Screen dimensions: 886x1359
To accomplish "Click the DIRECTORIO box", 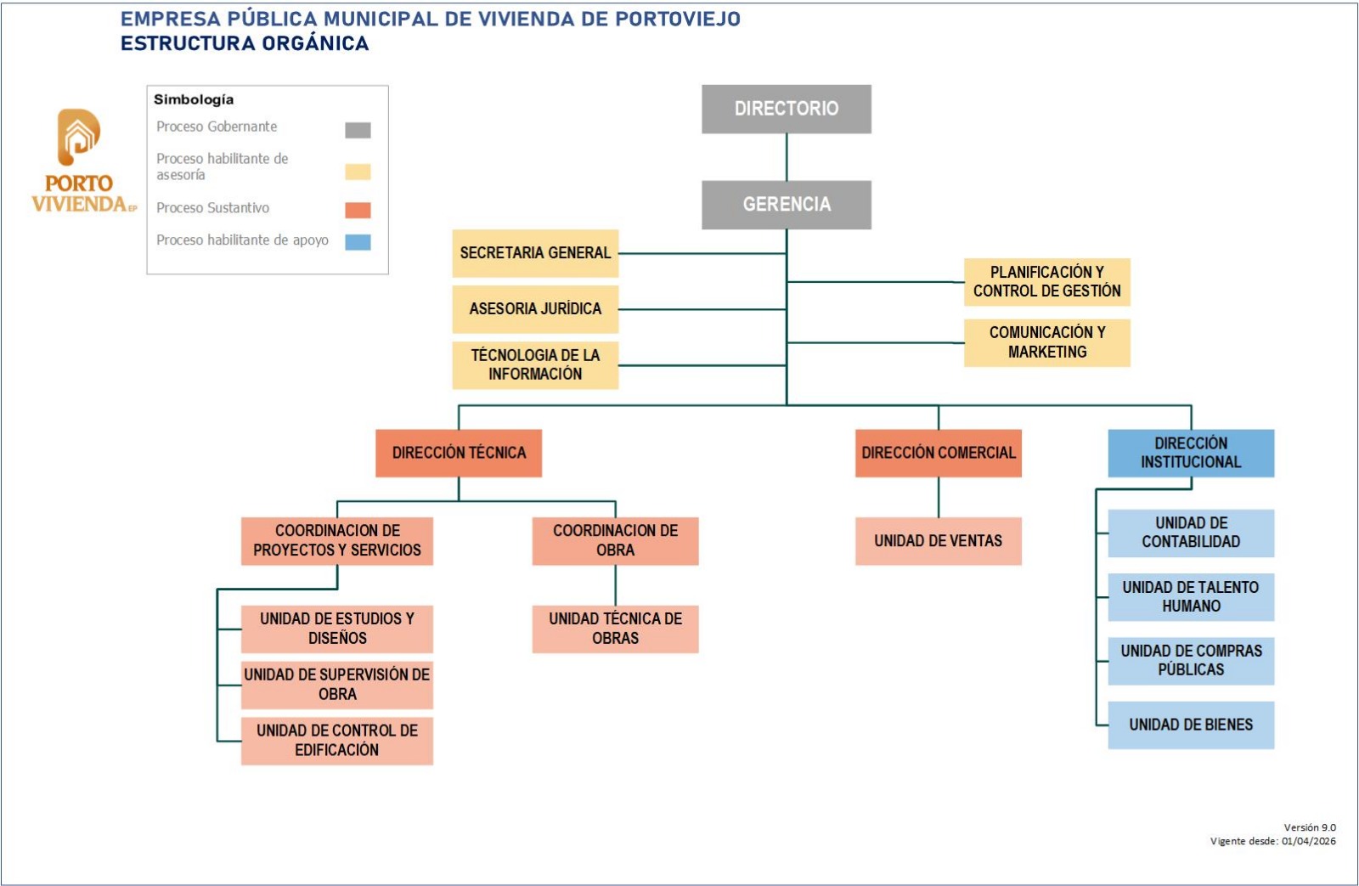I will point(786,109).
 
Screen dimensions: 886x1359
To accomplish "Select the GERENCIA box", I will point(786,205).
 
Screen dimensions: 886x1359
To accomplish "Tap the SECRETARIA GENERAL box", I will point(535,253).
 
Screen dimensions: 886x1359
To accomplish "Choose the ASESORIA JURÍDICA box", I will point(535,309).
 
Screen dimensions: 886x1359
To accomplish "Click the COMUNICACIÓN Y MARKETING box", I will point(1046,342).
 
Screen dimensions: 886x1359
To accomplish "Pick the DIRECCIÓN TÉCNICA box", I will point(459,453).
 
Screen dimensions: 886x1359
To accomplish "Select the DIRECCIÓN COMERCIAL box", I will point(938,453).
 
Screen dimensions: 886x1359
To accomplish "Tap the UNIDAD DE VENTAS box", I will point(938,541).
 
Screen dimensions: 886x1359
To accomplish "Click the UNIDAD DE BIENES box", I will point(1191,725).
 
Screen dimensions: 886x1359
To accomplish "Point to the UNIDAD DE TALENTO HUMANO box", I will point(1191,596).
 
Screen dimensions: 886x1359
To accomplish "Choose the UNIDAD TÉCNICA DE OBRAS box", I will point(615,629).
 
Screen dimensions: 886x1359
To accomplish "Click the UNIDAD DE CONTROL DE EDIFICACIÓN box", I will point(337,741).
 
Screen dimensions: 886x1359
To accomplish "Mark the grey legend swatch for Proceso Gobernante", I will point(358,130).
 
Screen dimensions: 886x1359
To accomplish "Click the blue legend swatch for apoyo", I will point(358,242).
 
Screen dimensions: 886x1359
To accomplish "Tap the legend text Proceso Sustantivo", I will point(212,208).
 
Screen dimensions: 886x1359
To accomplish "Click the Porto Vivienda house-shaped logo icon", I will point(78,137).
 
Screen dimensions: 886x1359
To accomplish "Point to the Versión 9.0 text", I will point(1310,827).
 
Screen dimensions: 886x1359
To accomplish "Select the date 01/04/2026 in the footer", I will point(1308,842).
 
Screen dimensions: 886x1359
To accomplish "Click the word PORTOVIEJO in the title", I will point(677,19).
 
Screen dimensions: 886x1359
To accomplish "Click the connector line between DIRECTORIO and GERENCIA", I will point(787,157).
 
